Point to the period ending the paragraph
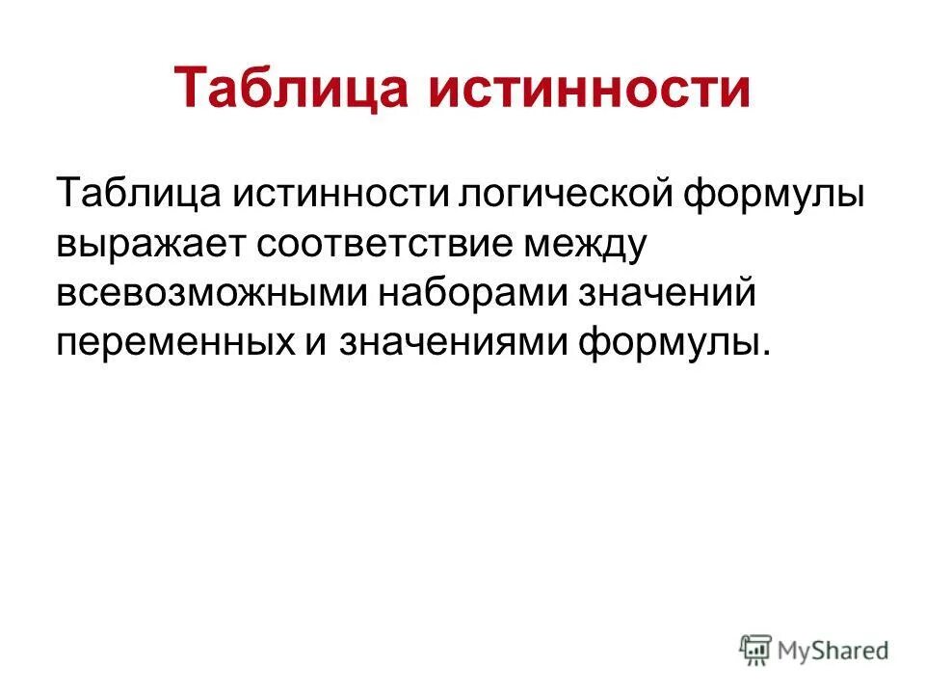pyautogui.click(x=767, y=354)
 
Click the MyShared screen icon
pyautogui.click(x=755, y=649)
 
